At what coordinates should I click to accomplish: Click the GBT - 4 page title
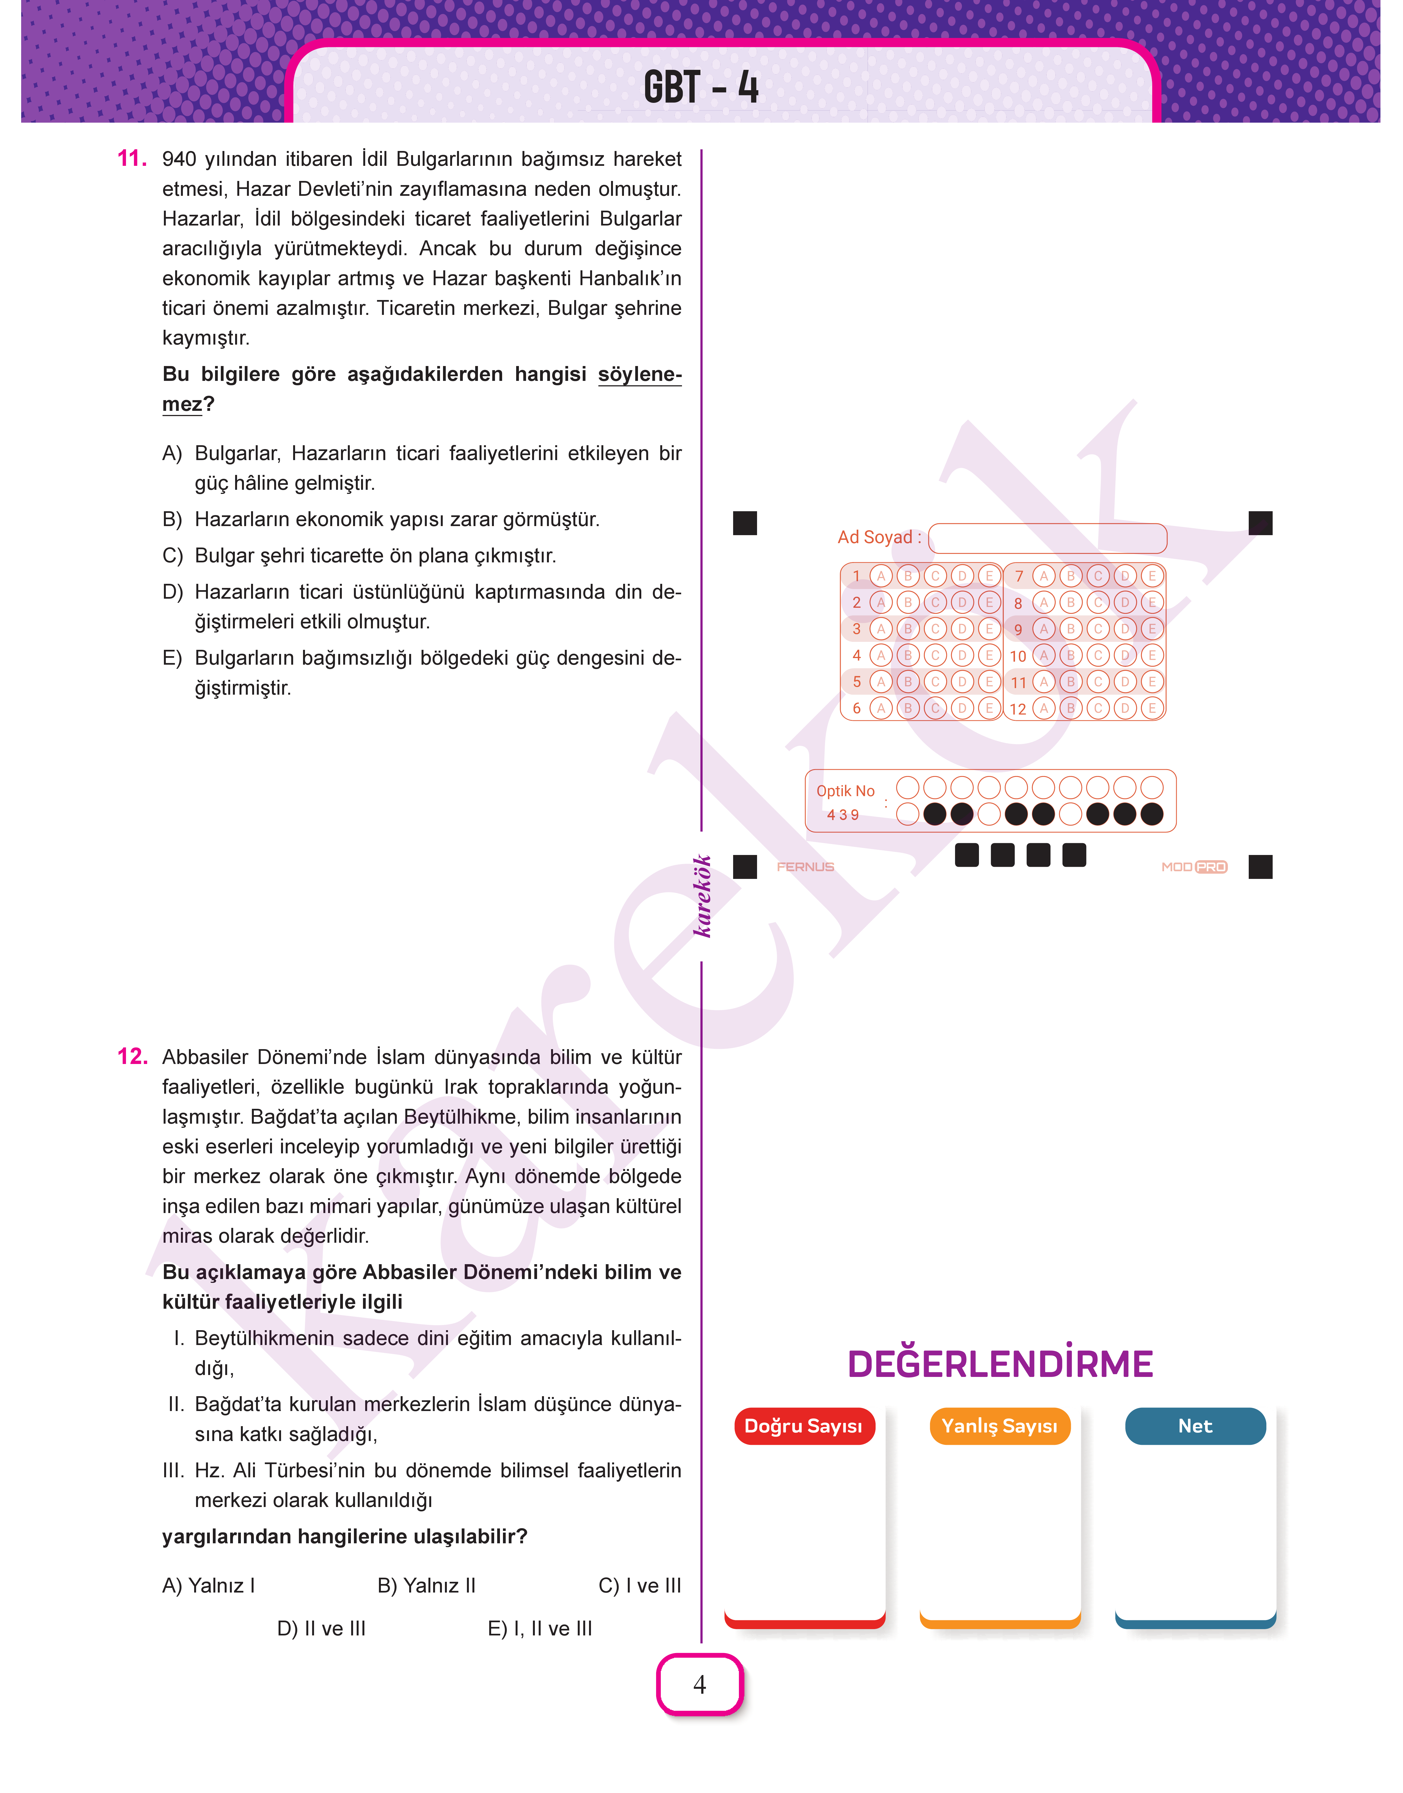pos(701,87)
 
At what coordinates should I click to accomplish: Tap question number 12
pos(131,1056)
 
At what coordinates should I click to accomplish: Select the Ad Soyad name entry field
pos(1047,538)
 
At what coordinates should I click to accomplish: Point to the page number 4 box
pos(700,1684)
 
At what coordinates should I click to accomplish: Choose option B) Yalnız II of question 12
pos(426,1585)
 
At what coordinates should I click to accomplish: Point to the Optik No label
pos(845,791)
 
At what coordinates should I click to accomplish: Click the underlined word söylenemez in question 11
pos(639,375)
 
